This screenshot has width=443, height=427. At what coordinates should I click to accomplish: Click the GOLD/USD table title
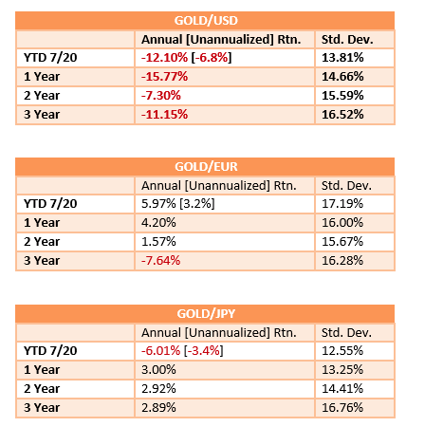(x=206, y=21)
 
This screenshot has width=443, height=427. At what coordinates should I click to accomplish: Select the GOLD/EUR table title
(x=206, y=167)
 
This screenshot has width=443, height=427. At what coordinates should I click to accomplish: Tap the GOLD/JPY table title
(x=206, y=314)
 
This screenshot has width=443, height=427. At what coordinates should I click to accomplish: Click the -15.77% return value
(x=164, y=77)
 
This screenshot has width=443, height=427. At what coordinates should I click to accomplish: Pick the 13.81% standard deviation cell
(x=342, y=58)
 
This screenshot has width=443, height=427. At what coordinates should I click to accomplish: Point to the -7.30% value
(x=161, y=96)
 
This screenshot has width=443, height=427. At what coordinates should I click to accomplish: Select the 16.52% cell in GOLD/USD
(x=342, y=115)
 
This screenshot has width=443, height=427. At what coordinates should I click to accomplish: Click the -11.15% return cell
(x=164, y=115)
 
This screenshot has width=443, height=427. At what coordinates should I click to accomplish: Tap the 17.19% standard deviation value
(x=342, y=204)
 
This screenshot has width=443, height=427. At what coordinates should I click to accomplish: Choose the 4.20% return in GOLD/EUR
(x=158, y=223)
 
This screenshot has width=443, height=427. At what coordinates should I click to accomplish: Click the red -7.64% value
(x=160, y=261)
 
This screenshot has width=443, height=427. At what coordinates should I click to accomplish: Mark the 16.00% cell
(x=342, y=223)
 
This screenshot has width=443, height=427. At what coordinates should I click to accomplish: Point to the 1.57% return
(x=158, y=242)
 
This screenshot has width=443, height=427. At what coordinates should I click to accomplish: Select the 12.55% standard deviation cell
(x=342, y=351)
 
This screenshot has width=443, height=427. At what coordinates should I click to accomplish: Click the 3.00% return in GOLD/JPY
(x=158, y=370)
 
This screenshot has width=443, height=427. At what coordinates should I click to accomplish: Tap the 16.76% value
(x=342, y=408)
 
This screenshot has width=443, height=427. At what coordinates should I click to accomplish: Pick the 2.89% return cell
(x=158, y=408)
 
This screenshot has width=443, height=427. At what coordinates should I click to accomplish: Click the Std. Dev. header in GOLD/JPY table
(x=346, y=333)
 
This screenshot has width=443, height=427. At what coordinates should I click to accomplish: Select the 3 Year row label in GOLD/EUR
(x=42, y=261)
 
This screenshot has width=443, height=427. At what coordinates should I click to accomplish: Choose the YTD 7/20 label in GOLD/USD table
(x=50, y=58)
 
